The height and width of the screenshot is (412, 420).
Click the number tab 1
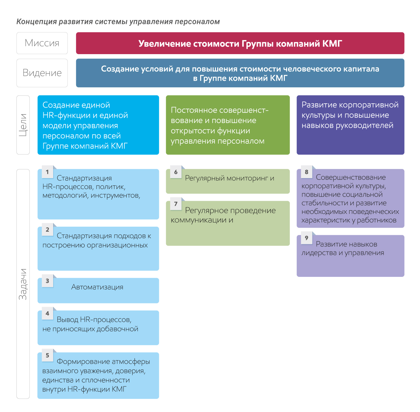(48, 172)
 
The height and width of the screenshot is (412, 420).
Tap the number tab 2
(48, 229)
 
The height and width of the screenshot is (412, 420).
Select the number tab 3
(48, 280)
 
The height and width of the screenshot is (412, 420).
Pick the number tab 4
(48, 313)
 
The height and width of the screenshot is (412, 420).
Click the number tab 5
(48, 355)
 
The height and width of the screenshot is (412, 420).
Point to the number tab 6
(176, 172)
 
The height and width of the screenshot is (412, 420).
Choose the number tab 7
(176, 204)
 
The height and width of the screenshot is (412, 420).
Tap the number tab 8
(307, 172)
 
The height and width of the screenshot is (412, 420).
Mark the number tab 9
(307, 237)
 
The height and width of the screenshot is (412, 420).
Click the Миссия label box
(42, 43)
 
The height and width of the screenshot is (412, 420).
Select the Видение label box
(42, 73)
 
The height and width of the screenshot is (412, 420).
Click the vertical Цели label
(23, 125)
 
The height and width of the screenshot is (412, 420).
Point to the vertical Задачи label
(23, 284)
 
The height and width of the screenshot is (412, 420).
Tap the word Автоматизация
(97, 287)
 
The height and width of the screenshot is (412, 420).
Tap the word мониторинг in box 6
(247, 178)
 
